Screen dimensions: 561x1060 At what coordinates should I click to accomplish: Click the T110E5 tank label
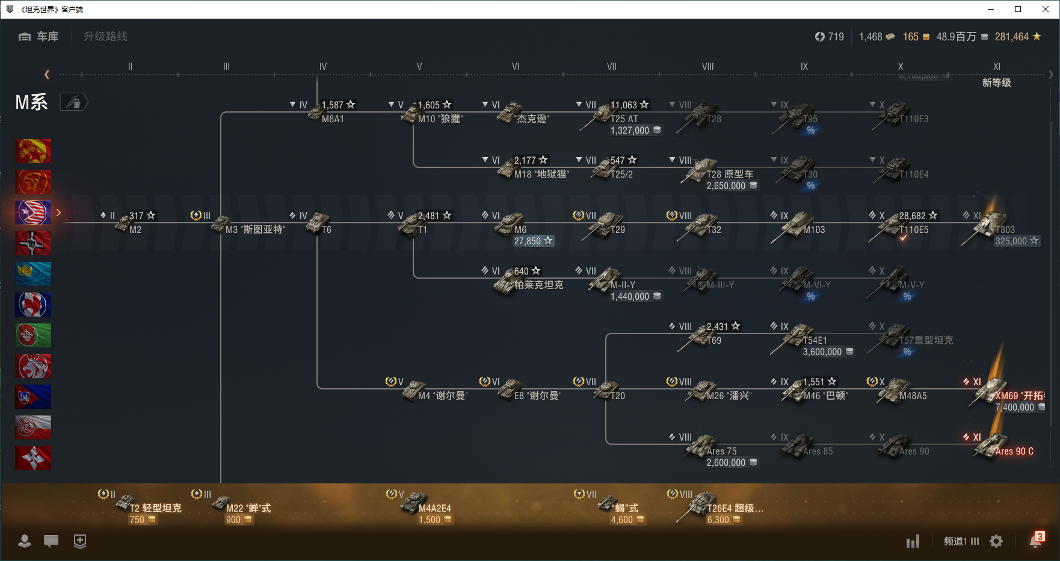point(913,229)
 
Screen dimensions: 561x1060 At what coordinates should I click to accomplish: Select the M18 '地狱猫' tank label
point(541,174)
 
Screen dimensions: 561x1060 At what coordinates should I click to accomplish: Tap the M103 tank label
point(814,229)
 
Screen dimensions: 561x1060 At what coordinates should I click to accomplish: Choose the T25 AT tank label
point(624,119)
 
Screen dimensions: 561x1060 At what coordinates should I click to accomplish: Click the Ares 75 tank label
point(721,451)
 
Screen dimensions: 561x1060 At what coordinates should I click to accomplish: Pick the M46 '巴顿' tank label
point(825,395)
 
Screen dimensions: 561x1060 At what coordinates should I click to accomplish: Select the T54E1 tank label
point(815,340)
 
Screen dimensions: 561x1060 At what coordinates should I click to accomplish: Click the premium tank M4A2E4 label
point(434,508)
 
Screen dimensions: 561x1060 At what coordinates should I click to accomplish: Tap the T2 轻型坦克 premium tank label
point(155,508)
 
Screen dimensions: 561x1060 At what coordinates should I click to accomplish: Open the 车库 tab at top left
point(40,37)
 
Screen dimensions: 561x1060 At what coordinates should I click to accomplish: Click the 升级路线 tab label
point(105,37)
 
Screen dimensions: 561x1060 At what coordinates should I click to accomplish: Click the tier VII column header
point(611,67)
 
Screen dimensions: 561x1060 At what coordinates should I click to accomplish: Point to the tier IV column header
point(323,67)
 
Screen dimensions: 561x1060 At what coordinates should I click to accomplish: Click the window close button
point(1046,9)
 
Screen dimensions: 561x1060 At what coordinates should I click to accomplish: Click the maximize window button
point(1018,9)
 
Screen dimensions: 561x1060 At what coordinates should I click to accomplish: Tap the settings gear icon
point(996,541)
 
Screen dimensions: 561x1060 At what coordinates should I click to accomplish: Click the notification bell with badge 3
point(1035,541)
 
